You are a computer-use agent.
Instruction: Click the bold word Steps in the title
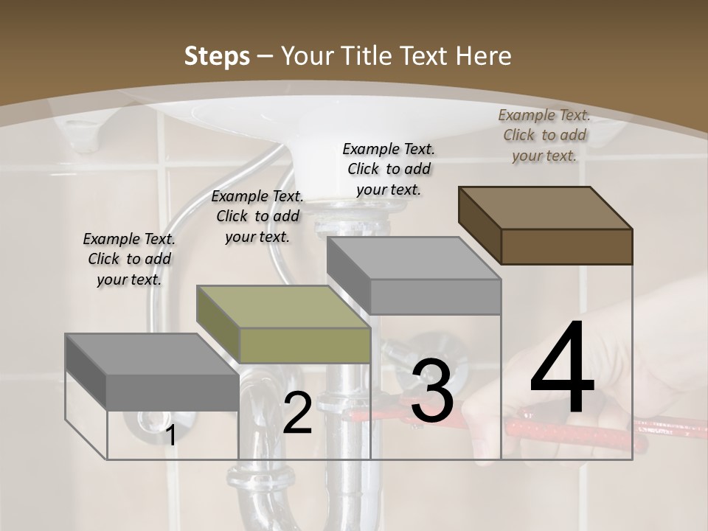click(217, 57)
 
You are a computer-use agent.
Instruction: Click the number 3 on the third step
click(431, 391)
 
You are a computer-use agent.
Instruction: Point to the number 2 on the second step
click(297, 413)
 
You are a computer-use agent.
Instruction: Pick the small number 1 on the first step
click(170, 435)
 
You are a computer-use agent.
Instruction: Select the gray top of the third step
click(413, 258)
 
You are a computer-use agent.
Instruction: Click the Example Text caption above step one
click(129, 259)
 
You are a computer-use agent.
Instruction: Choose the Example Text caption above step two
click(257, 216)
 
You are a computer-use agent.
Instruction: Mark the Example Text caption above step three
click(389, 169)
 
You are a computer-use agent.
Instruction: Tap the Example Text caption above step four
click(544, 135)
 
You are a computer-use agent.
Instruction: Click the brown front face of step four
click(566, 246)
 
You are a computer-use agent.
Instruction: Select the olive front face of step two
click(305, 345)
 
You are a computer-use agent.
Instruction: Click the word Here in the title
click(485, 57)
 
